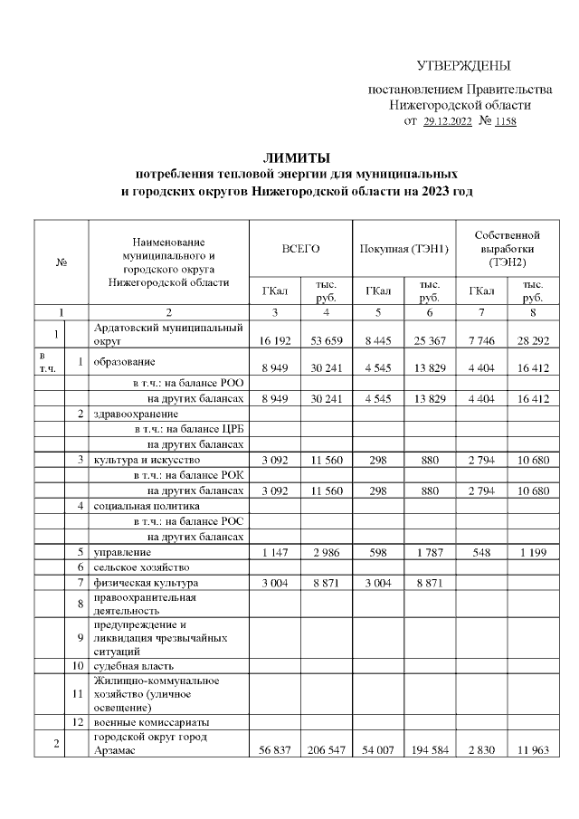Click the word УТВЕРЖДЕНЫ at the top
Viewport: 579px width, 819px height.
click(x=464, y=66)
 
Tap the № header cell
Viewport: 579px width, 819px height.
click(x=63, y=262)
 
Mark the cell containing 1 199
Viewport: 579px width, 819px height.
click(x=527, y=551)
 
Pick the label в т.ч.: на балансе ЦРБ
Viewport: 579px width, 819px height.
click(x=189, y=429)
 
